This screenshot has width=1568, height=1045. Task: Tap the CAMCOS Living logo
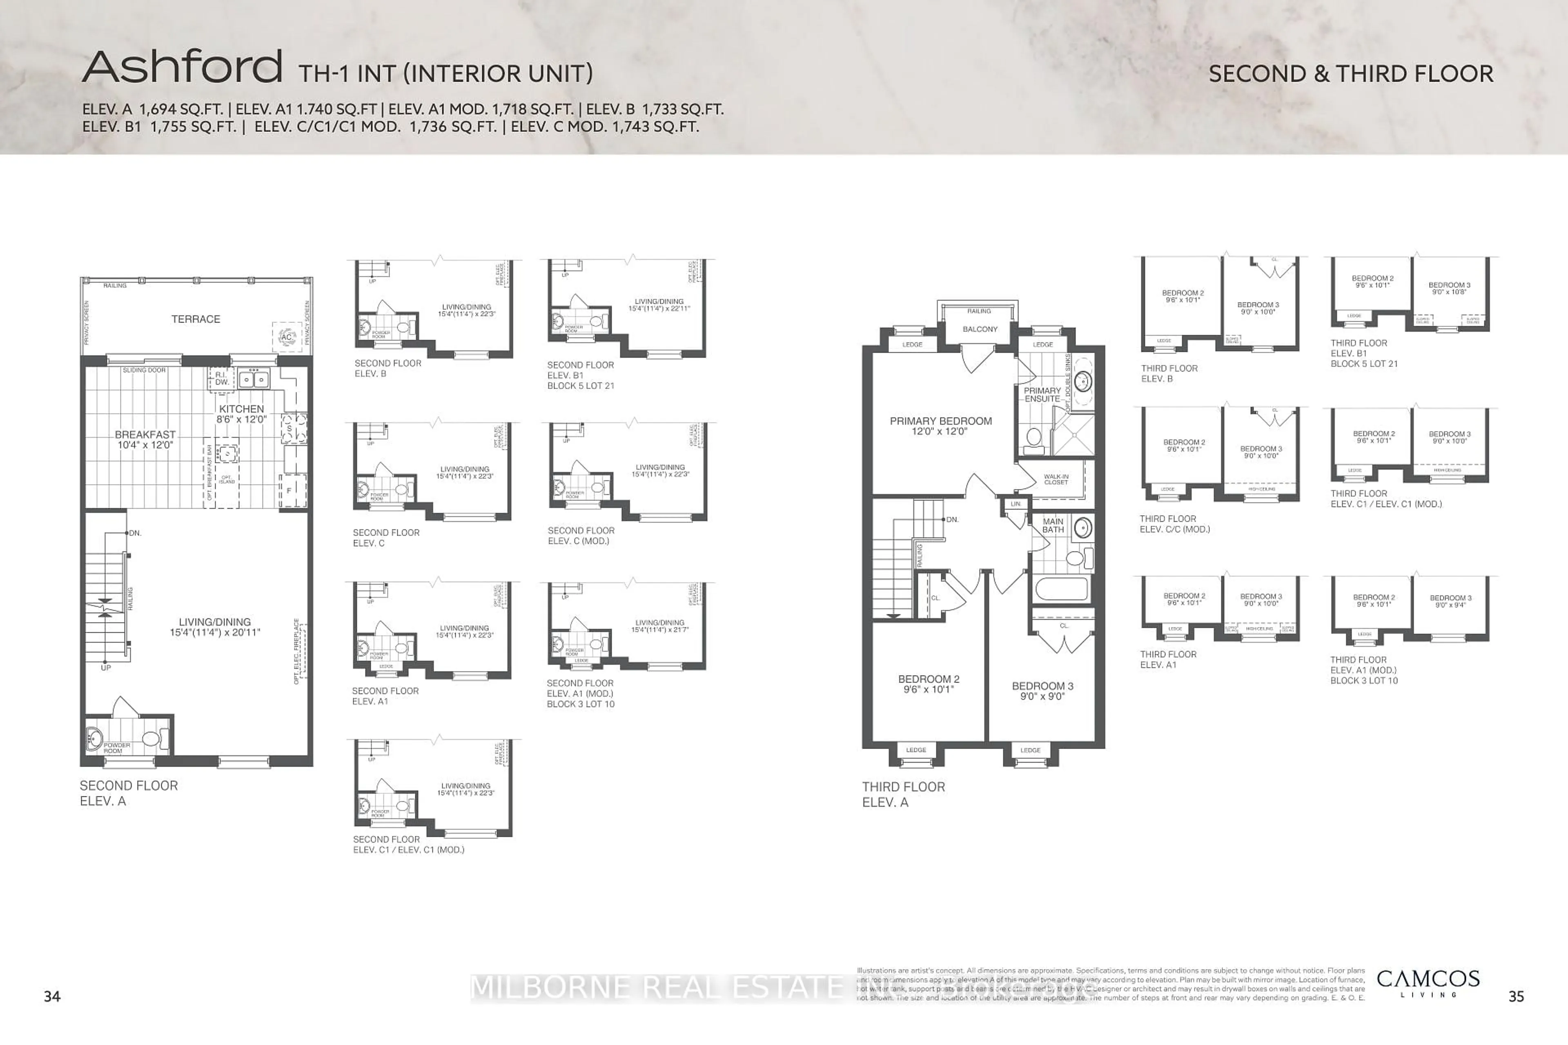point(1428,983)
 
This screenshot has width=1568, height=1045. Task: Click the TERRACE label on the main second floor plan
point(195,319)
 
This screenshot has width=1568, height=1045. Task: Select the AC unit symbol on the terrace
point(287,337)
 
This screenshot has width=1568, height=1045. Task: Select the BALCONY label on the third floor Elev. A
point(979,329)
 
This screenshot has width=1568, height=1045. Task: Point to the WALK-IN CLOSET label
point(1056,479)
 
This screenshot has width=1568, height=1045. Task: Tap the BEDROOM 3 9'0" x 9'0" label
point(1042,690)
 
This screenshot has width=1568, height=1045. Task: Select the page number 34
point(52,996)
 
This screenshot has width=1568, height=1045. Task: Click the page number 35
point(1516,996)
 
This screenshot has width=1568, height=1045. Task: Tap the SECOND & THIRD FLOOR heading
point(1351,74)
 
